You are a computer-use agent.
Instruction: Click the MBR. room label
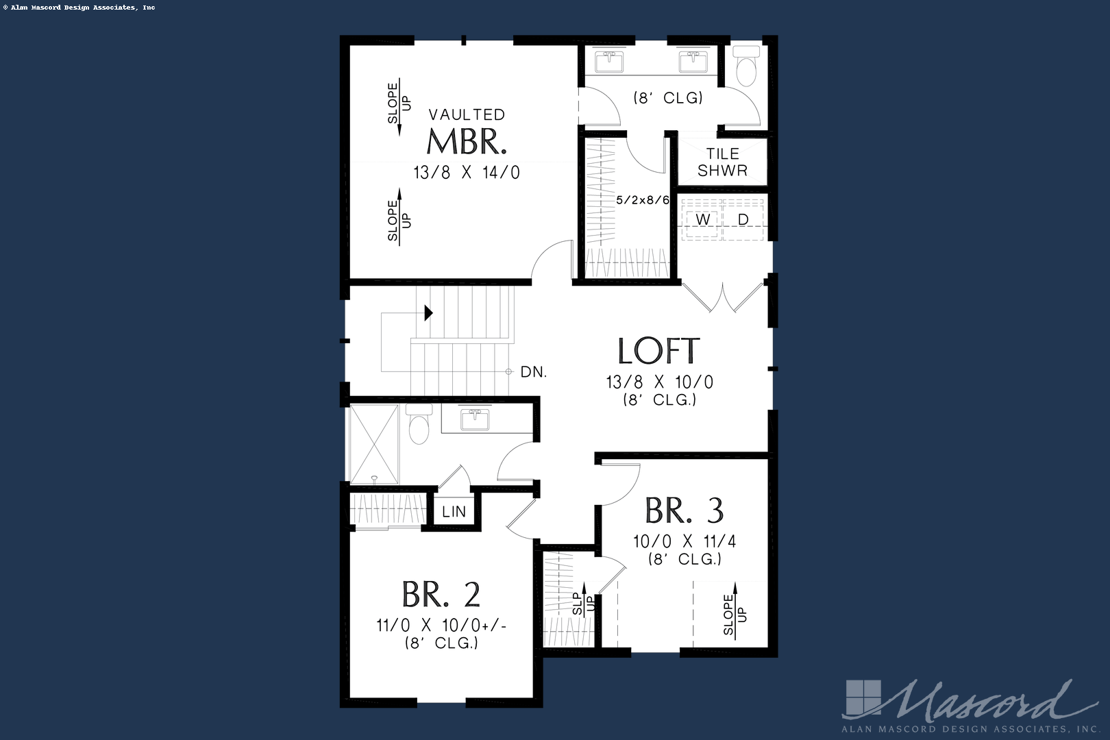467,141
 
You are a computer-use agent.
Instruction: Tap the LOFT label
658,351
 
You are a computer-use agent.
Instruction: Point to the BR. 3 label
684,510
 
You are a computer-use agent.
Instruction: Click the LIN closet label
454,512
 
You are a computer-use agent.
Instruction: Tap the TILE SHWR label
722,162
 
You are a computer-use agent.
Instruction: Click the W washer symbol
703,220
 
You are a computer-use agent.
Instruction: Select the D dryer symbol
743,220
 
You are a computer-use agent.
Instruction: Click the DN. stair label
533,372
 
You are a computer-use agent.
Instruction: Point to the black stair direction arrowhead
428,313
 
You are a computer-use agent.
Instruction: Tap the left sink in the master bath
608,62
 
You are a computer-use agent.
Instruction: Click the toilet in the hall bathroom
418,425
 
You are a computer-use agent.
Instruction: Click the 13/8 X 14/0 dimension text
467,173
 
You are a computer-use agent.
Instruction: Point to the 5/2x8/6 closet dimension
642,200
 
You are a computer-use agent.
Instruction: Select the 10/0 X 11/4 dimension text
684,541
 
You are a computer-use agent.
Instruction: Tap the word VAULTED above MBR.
467,114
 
